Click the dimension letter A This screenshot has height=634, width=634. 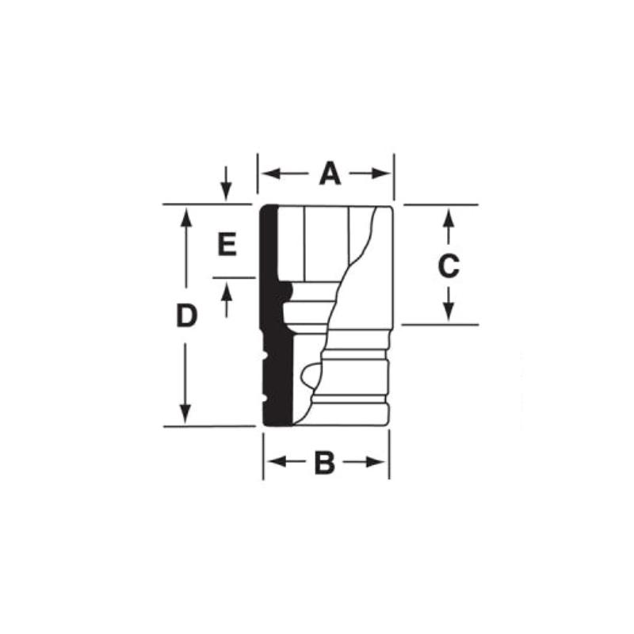tap(330, 174)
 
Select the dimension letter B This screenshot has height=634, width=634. tap(325, 463)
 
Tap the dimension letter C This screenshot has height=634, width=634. tap(449, 266)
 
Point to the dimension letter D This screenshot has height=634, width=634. tap(185, 316)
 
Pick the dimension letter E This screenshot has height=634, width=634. tap(227, 245)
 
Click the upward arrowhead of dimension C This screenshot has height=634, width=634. tap(448, 215)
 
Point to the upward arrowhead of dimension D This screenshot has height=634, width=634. tap(185, 215)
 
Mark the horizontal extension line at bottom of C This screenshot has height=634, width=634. tap(440, 325)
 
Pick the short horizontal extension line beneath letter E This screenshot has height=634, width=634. tap(234, 278)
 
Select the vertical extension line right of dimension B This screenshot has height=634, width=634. tap(389, 456)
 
